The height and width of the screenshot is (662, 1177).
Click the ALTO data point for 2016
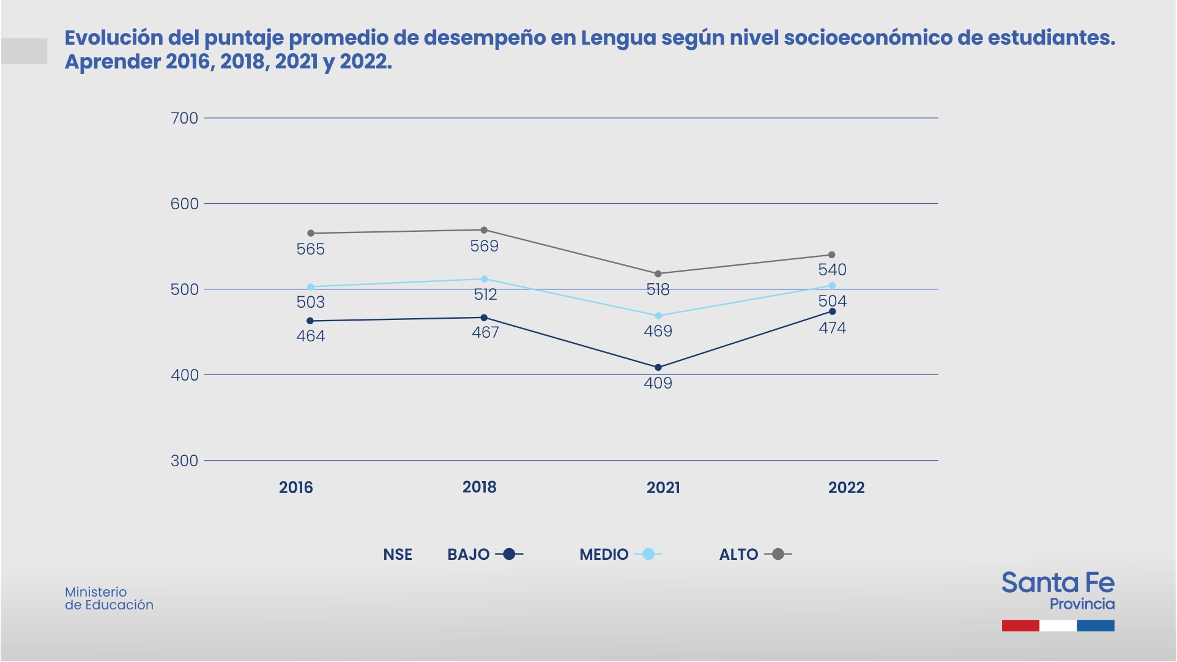[x=311, y=233]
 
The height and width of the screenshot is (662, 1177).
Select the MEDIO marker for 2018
[x=485, y=279]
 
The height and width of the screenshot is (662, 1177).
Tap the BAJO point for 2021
[x=658, y=368]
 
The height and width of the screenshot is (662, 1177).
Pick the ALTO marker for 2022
[x=831, y=255]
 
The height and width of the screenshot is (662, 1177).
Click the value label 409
[x=658, y=384]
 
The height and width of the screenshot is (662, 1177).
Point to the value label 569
[x=485, y=247]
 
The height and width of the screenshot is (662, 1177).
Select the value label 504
[x=833, y=301]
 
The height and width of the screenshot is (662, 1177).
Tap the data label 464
[x=311, y=337]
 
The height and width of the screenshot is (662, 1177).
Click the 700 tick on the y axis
[x=184, y=118]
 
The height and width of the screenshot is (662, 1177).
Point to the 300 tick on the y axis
[x=184, y=461]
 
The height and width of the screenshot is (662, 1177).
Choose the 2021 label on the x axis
[x=663, y=488]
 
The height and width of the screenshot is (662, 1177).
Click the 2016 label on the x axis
[x=296, y=488]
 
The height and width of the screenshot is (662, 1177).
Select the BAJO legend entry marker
[x=509, y=554]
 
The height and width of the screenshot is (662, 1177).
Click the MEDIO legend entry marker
[x=648, y=554]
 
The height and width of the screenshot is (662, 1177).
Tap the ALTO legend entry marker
[x=778, y=554]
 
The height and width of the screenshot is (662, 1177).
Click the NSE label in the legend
[x=398, y=555]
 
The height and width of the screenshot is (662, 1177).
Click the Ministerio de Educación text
[x=109, y=598]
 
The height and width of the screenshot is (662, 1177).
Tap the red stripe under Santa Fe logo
[x=1020, y=625]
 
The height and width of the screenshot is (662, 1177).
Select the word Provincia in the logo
[x=1082, y=604]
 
